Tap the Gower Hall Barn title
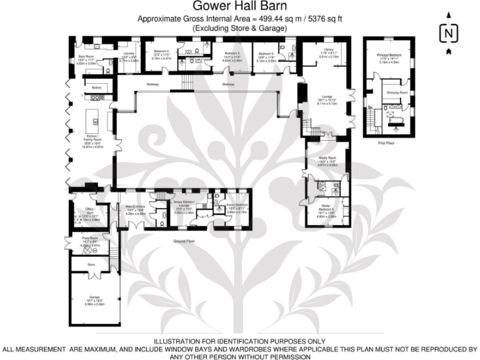pos(239,7)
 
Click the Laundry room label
pos(129,45)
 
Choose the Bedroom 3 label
pos(232,54)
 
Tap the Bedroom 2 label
pos(267,54)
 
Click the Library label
pos(320,49)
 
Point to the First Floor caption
pos(389,142)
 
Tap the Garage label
pos(94,297)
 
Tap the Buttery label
pos(96,87)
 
